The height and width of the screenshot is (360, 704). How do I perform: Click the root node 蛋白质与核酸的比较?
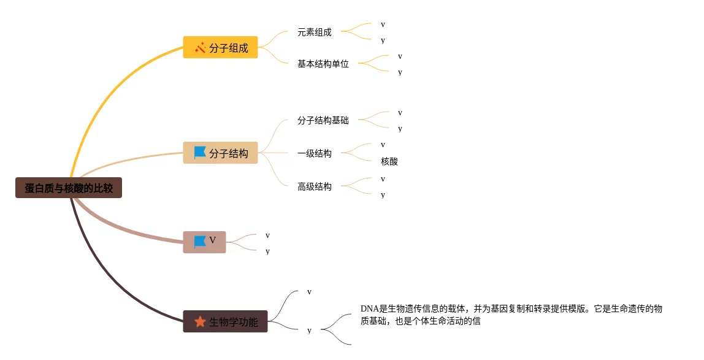click(x=69, y=188)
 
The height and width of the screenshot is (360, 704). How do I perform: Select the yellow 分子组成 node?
click(x=221, y=47)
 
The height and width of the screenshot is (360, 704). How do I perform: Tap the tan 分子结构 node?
click(x=221, y=153)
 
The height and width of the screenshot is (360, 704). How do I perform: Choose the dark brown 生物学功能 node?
click(x=226, y=321)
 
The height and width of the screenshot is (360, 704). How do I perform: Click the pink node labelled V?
click(x=205, y=242)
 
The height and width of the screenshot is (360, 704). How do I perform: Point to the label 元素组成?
click(x=314, y=32)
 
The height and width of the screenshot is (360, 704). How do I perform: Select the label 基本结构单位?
click(x=323, y=63)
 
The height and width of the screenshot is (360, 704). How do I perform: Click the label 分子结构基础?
click(x=323, y=120)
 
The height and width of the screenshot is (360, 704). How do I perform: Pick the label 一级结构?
click(x=314, y=153)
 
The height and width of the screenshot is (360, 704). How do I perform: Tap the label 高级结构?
click(x=314, y=186)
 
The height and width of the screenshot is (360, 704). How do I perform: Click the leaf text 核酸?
click(x=389, y=161)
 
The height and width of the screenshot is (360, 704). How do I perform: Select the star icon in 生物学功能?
click(x=200, y=321)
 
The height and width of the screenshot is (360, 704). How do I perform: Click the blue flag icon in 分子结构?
click(x=200, y=153)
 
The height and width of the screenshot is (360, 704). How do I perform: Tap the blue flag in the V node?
click(x=200, y=242)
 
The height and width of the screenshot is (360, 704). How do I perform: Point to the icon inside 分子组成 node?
click(x=200, y=47)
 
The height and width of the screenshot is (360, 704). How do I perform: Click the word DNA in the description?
click(x=369, y=308)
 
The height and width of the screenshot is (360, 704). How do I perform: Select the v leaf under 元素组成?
click(x=383, y=25)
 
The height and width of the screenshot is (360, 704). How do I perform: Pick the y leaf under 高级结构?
click(x=383, y=194)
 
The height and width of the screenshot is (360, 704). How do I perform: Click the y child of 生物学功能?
click(x=309, y=330)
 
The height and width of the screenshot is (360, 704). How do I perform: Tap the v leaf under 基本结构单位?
click(x=400, y=56)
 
